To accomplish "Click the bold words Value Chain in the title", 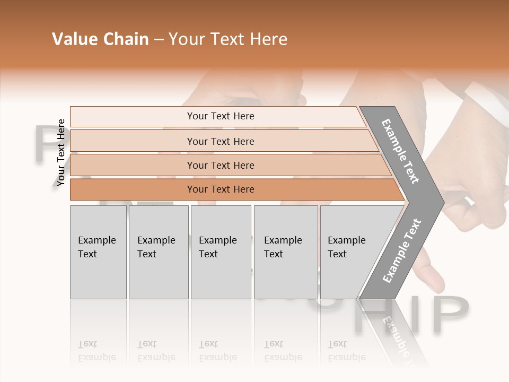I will [100, 39].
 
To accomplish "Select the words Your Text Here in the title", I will [228, 39].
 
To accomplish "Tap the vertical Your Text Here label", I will [61, 153].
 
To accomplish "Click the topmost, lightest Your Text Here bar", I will [220, 116].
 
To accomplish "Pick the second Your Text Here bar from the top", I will [220, 141].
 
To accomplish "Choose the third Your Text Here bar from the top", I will [220, 165].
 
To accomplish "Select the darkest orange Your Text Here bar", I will [220, 189].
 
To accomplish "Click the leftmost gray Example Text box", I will [98, 252].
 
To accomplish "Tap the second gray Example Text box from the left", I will [158, 252].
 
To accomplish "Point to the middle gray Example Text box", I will [221, 252].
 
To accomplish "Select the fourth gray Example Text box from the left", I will [285, 252].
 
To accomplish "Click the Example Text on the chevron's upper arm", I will [400, 151].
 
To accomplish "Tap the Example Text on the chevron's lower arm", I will [402, 251].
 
